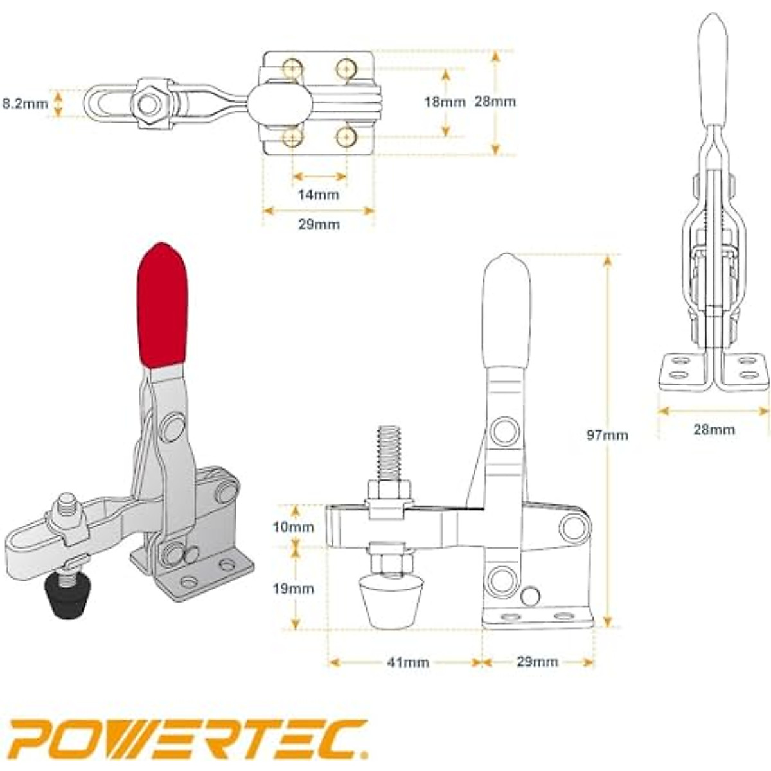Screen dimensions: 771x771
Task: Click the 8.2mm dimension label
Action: click(25, 103)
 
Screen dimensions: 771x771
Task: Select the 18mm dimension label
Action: click(445, 102)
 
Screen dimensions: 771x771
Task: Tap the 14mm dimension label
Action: click(318, 194)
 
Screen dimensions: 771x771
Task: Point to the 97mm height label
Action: click(607, 435)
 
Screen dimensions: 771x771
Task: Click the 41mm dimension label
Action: click(408, 662)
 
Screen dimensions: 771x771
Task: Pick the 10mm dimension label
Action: click(293, 527)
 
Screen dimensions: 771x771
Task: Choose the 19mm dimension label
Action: click(293, 589)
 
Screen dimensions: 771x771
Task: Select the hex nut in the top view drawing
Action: click(152, 103)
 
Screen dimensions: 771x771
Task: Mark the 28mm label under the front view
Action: click(714, 429)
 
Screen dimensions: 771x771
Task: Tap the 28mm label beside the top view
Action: click(495, 102)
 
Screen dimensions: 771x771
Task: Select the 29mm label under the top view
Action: click(319, 224)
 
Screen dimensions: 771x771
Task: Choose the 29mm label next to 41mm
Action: click(537, 662)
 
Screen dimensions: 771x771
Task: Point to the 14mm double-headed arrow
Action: click(319, 176)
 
